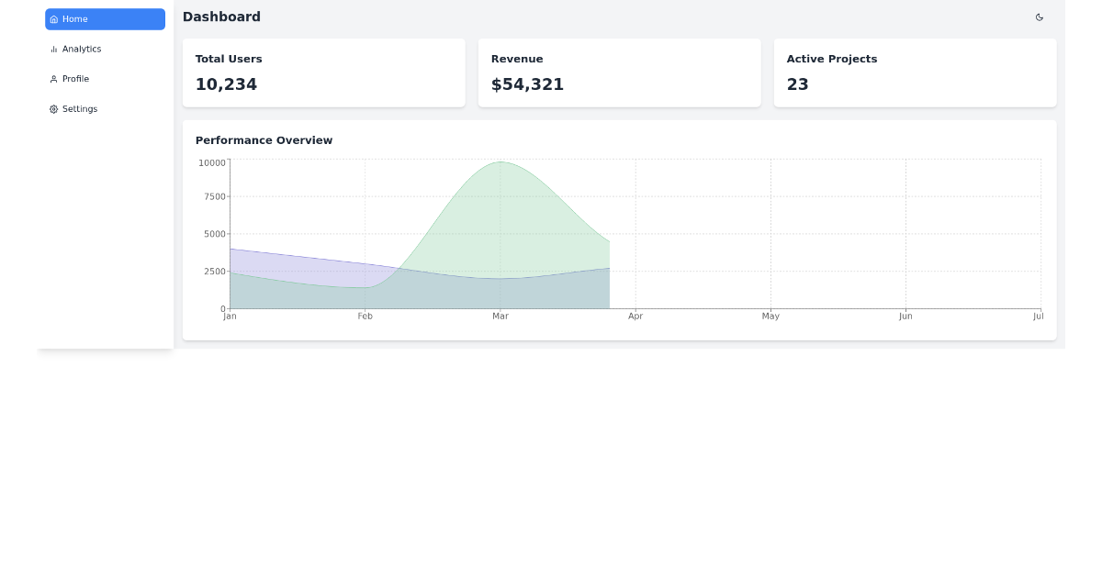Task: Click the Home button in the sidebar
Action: tap(105, 19)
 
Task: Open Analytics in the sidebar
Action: tap(81, 50)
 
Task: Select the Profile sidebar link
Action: tap(75, 79)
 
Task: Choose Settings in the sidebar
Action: tap(79, 109)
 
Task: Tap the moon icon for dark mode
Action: tap(1039, 17)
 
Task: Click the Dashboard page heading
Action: tap(221, 17)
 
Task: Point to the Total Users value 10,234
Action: tap(226, 84)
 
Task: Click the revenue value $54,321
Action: tap(527, 84)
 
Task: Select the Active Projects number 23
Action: tap(797, 84)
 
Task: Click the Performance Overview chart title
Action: tap(264, 140)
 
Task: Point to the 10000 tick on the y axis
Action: tap(211, 163)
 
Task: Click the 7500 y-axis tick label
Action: tap(214, 196)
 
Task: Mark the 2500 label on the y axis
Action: tap(214, 272)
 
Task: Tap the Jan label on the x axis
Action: tap(230, 317)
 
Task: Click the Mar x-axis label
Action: tap(500, 317)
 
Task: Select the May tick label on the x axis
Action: tap(770, 317)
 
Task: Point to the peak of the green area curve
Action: tap(500, 162)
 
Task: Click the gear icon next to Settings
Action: tap(53, 109)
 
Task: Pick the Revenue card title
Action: tap(517, 59)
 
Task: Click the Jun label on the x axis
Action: tap(905, 317)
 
